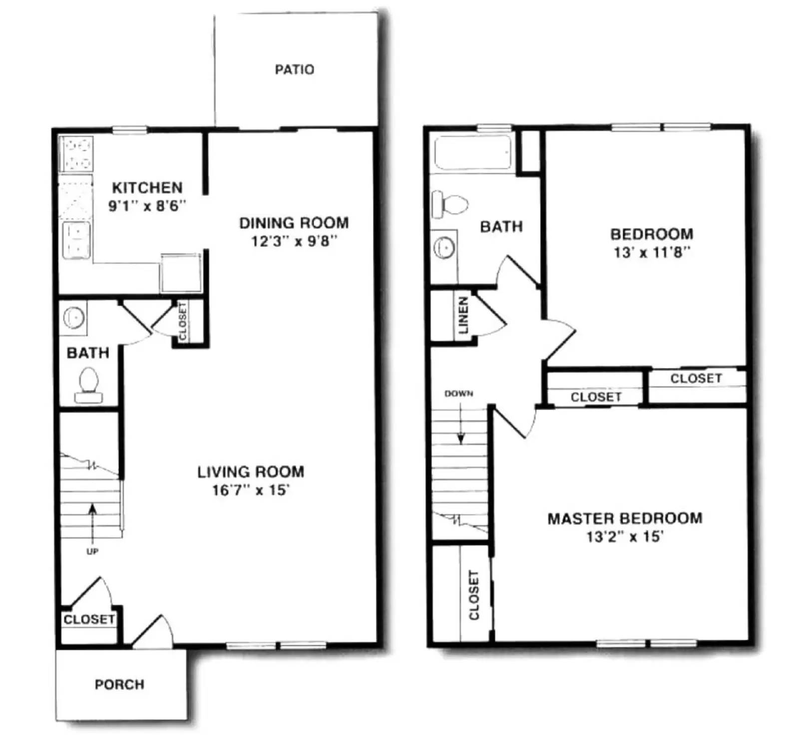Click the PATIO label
tap(294, 69)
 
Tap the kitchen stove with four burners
tap(76, 154)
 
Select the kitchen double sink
tap(76, 241)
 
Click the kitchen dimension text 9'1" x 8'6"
tap(147, 206)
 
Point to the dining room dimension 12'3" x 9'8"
tap(294, 242)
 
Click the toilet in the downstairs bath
tap(88, 385)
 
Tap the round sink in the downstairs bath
tap(74, 317)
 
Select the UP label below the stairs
tap(92, 551)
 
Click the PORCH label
tap(119, 684)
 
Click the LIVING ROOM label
tap(250, 472)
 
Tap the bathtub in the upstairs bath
tap(472, 152)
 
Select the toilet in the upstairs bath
tap(450, 204)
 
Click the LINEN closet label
tap(463, 316)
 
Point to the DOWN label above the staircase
tap(458, 393)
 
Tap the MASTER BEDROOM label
tap(624, 518)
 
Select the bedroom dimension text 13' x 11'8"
tap(651, 253)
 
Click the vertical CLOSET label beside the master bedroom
tap(474, 595)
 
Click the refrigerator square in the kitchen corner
tap(181, 273)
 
